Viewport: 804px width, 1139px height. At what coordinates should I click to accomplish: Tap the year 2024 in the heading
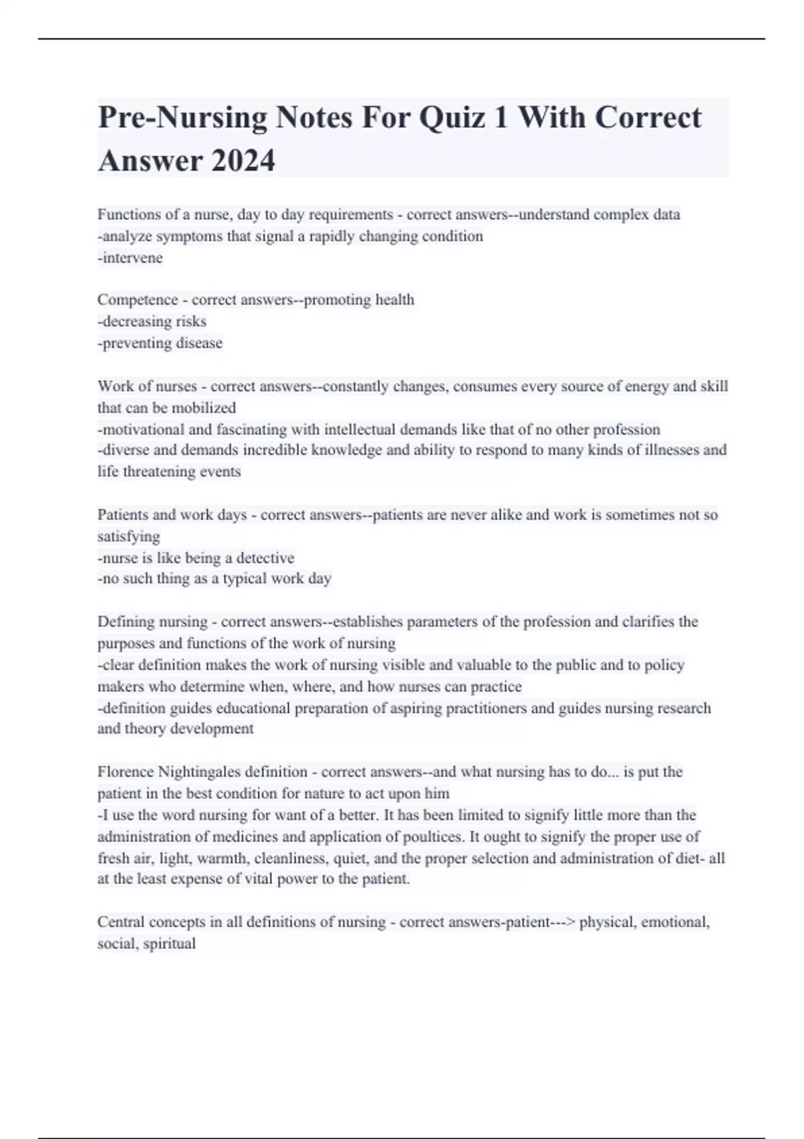pos(243,161)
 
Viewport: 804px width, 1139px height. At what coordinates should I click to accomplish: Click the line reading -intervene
pos(130,258)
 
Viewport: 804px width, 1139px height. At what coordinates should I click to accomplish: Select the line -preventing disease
pos(160,343)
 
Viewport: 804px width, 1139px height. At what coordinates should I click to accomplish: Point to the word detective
pos(265,558)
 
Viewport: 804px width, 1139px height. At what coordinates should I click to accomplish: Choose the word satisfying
pos(129,537)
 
